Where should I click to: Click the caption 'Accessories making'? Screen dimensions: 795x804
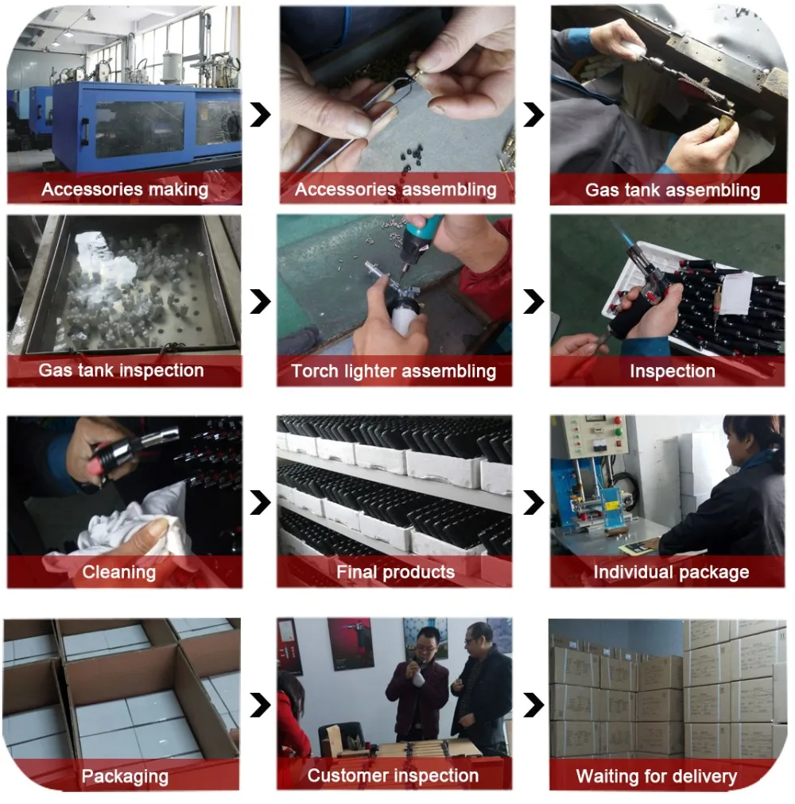tap(125, 189)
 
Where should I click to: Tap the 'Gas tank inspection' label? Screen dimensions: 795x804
tap(121, 370)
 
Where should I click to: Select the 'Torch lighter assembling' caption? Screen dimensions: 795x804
tap(394, 371)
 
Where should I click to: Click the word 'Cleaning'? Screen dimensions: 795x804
tap(119, 572)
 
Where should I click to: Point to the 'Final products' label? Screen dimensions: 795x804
tap(395, 572)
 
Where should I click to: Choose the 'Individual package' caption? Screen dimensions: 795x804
tap(671, 572)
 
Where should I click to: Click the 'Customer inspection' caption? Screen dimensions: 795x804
tap(394, 775)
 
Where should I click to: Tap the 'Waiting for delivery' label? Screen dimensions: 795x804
tap(657, 776)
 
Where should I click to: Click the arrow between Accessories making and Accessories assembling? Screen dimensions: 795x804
tap(260, 115)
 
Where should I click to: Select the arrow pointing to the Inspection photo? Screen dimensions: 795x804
tap(533, 302)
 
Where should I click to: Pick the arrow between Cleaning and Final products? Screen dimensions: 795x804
tap(260, 502)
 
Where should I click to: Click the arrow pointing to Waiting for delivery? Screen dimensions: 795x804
tap(533, 705)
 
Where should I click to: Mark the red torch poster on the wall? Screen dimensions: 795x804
tap(351, 644)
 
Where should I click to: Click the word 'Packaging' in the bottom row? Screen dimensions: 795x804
tap(125, 776)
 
